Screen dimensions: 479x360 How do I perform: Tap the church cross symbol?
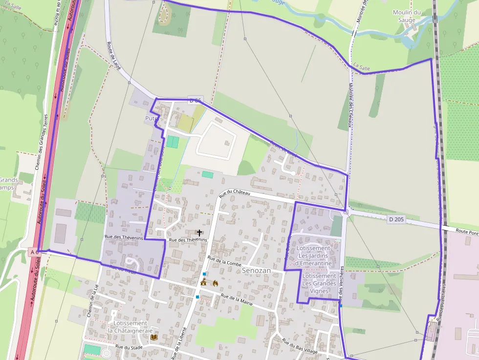coord(199,233)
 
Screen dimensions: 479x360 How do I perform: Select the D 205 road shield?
coord(396,219)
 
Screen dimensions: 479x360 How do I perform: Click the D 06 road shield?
coord(195,101)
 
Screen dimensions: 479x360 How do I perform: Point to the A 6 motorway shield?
coord(34,252)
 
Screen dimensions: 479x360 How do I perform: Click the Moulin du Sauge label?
coord(407,16)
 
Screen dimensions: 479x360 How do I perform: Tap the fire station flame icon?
coord(215,282)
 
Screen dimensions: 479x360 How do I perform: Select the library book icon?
coord(154,337)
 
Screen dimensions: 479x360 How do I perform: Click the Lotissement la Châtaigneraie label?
coord(130,326)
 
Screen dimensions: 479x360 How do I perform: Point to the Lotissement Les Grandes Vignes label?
coord(319,283)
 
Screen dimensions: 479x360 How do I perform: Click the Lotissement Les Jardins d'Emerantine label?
coord(314,255)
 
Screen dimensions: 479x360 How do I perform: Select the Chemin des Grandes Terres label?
coord(41,142)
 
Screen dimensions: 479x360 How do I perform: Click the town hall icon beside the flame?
coord(203,282)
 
